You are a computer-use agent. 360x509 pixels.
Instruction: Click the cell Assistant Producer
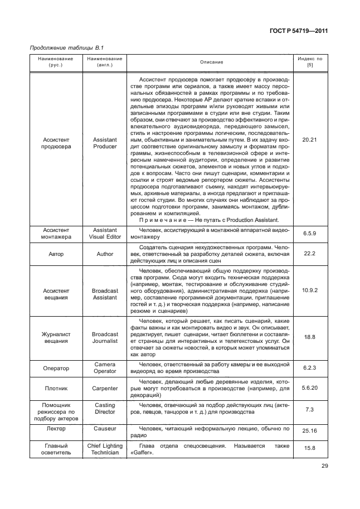105,143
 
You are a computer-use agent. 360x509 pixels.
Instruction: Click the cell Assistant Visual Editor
105,234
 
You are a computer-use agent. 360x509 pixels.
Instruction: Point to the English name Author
105,254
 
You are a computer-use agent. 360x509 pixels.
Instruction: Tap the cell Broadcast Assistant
105,294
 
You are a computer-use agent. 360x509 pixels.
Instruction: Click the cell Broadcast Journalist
105,337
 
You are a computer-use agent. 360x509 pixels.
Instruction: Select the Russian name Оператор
56,368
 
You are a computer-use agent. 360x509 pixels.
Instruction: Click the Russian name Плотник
56,388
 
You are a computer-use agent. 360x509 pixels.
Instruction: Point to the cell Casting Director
105,409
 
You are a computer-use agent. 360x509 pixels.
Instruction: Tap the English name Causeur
105,429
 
